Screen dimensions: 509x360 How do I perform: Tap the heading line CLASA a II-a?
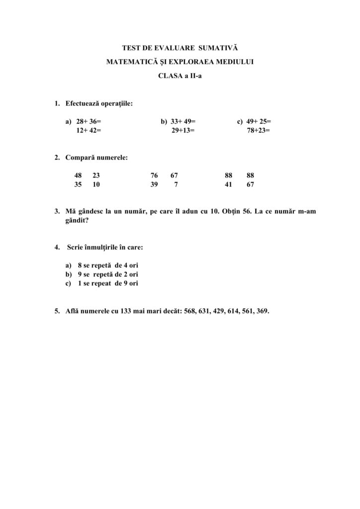180,77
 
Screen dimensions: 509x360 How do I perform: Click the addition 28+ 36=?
89,121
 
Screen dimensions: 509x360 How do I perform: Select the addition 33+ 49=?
183,121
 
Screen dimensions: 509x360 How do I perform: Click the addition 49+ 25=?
258,121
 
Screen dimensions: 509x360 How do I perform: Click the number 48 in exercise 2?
79,175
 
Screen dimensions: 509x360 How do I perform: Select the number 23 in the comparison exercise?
96,175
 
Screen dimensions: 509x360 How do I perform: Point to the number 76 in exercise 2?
154,175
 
